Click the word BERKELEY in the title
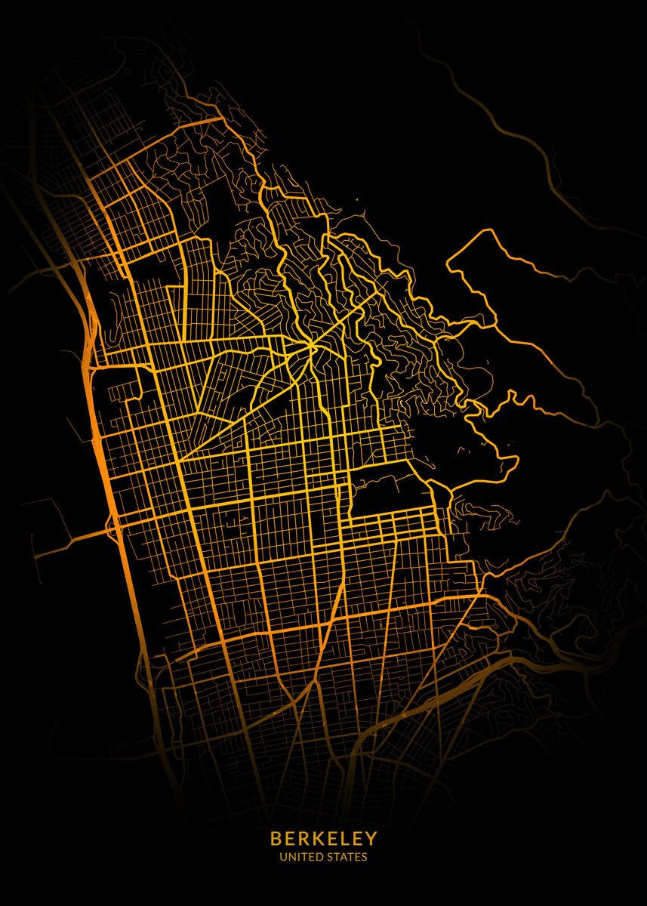click(323, 839)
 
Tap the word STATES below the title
click(346, 857)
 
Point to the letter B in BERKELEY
click(275, 839)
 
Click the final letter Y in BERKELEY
click(372, 839)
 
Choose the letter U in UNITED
click(282, 857)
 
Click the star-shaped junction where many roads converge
click(310, 346)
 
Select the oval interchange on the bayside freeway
click(113, 526)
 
